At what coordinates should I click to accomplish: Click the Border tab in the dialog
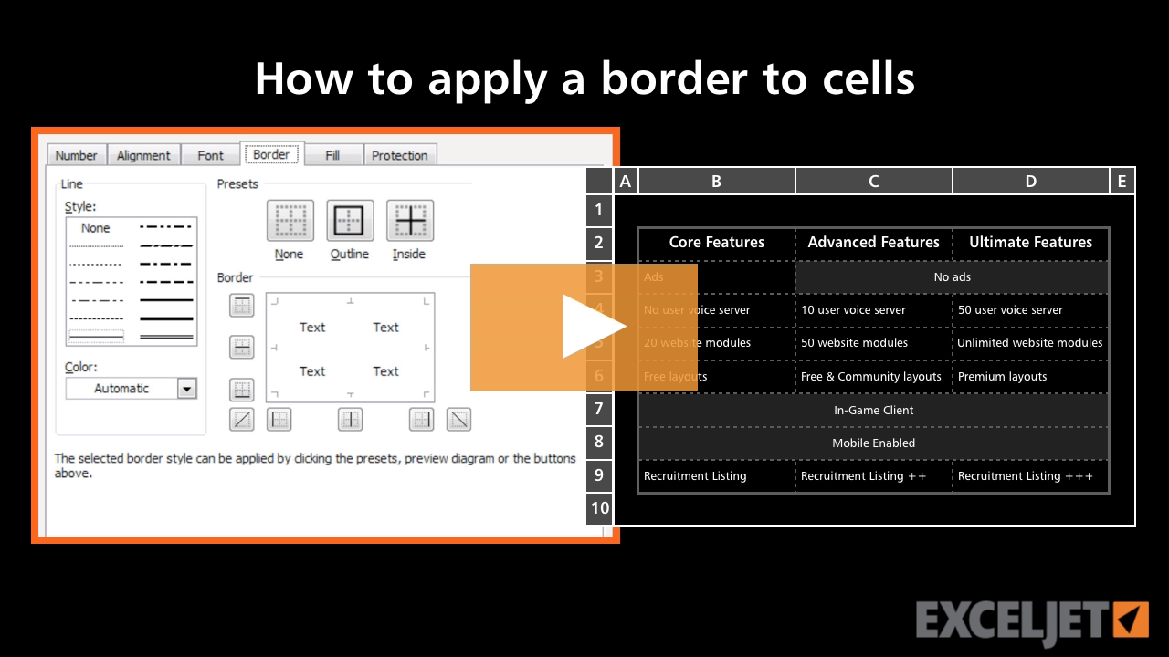[271, 154]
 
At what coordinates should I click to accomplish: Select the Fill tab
[332, 155]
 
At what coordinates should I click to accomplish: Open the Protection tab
[399, 155]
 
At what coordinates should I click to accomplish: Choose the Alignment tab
[143, 155]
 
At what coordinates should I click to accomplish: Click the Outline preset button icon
[350, 221]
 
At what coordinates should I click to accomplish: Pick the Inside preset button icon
[409, 221]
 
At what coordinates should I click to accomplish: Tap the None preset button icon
[290, 221]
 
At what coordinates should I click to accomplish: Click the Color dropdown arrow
[186, 389]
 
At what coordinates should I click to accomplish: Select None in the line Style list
[95, 228]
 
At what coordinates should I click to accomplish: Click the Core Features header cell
[716, 243]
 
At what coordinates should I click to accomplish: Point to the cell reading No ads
[952, 277]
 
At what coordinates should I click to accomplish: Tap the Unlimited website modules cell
[1030, 343]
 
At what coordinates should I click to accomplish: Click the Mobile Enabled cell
[873, 443]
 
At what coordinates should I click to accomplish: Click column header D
[1030, 181]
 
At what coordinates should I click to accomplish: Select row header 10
[599, 508]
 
